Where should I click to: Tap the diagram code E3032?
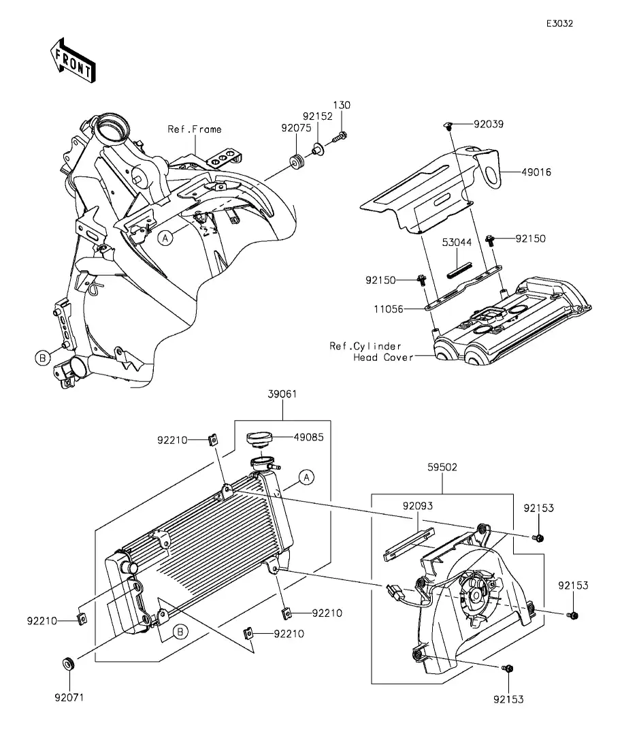[559, 23]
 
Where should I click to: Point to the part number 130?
[342, 105]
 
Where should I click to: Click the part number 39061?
[281, 394]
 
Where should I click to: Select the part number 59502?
[442, 468]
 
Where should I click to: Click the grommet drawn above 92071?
[69, 663]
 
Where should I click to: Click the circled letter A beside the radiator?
[306, 477]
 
